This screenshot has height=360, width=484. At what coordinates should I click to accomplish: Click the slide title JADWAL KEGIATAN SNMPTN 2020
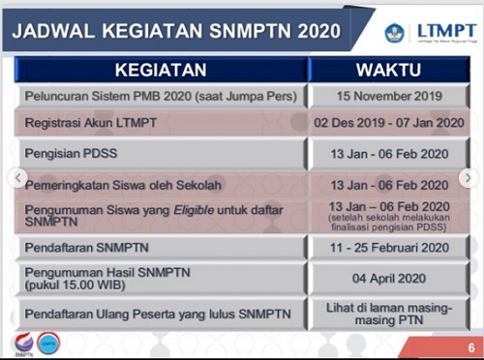(174, 30)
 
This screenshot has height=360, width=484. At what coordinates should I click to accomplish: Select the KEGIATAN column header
(161, 70)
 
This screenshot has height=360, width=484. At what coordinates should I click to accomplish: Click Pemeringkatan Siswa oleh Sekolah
(108, 183)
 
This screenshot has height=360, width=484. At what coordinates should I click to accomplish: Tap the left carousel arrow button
(15, 178)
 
